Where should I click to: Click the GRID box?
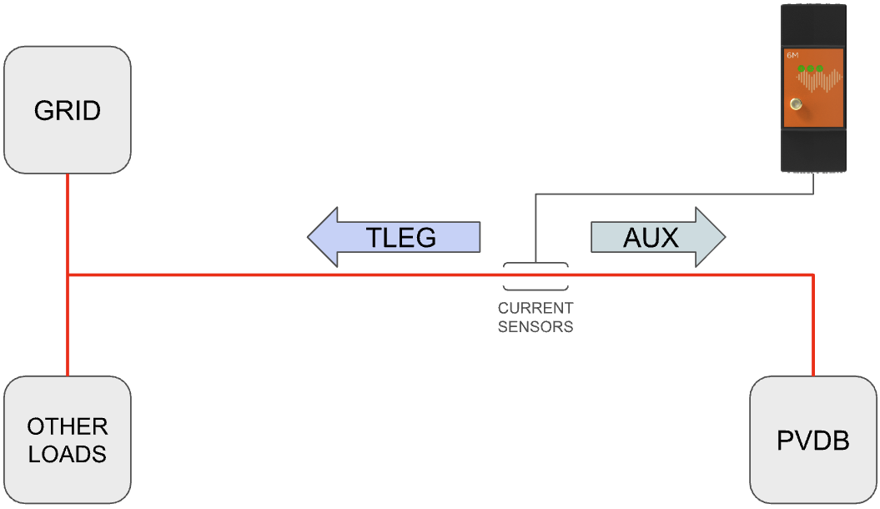pyautogui.click(x=67, y=110)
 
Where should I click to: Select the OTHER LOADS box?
pyautogui.click(x=67, y=440)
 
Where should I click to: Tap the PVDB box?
pyautogui.click(x=812, y=440)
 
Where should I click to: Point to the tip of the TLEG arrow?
pyautogui.click(x=309, y=238)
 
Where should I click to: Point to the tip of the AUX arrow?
pyautogui.click(x=724, y=238)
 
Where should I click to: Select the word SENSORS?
pyautogui.click(x=536, y=327)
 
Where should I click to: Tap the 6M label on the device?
pyautogui.click(x=792, y=56)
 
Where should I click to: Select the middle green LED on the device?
pyautogui.click(x=810, y=68)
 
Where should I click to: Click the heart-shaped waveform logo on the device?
pyautogui.click(x=818, y=80)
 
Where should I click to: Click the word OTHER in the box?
pyautogui.click(x=67, y=427)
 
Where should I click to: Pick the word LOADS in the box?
pyautogui.click(x=67, y=454)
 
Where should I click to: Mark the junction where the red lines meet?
pyautogui.click(x=68, y=275)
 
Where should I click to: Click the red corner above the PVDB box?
pyautogui.click(x=812, y=275)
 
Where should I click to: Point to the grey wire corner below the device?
pyautogui.click(x=812, y=195)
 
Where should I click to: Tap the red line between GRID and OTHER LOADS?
pyautogui.click(x=68, y=325)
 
